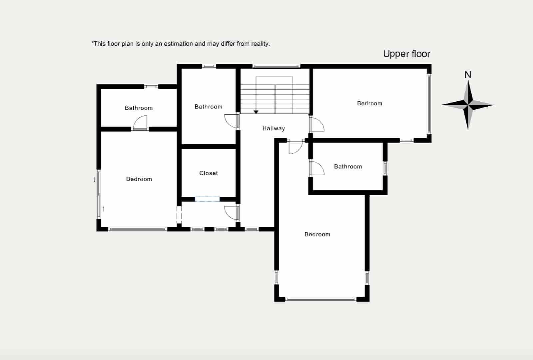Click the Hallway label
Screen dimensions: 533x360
click(273, 128)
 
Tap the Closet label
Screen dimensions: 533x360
click(209, 173)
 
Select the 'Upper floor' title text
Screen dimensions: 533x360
click(406, 54)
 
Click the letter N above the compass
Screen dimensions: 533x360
click(468, 75)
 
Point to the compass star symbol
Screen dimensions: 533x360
click(468, 105)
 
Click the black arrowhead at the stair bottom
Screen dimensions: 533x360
click(256, 112)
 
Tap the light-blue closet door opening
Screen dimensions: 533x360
click(207, 199)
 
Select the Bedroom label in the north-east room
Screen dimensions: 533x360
click(369, 103)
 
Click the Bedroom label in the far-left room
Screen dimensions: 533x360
click(139, 179)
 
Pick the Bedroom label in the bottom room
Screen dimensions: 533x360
click(317, 234)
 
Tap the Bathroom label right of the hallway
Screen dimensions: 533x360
click(348, 166)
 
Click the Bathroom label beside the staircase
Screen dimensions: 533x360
click(209, 107)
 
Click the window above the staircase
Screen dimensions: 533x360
click(276, 66)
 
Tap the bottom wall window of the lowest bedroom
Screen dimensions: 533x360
click(321, 299)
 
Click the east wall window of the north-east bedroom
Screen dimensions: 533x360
click(429, 104)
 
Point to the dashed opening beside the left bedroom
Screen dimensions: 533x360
click(179, 215)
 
